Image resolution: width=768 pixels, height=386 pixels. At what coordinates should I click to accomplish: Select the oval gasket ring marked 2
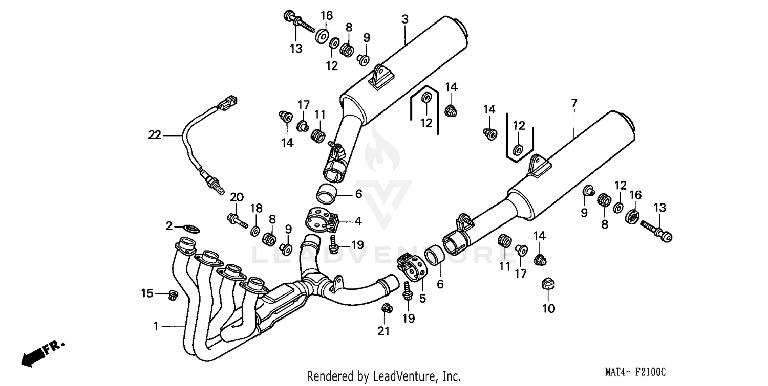(x=191, y=228)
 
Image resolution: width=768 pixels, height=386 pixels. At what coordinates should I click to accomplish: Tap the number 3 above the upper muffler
(x=404, y=19)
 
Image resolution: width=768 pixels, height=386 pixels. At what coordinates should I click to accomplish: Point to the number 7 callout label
(x=574, y=103)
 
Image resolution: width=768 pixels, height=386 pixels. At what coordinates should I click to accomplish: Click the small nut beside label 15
(x=173, y=294)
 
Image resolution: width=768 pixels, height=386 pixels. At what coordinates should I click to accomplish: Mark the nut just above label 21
(x=387, y=308)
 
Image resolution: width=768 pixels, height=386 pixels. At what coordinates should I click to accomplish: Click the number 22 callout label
(x=155, y=135)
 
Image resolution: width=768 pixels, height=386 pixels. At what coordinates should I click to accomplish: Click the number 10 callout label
(x=548, y=308)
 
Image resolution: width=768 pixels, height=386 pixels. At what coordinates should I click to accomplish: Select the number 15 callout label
(x=147, y=293)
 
